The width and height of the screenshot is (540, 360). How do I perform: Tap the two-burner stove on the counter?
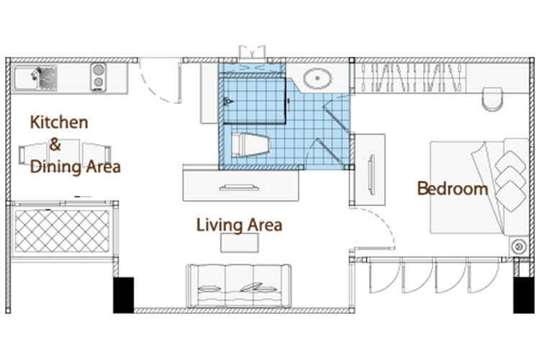point(99,78)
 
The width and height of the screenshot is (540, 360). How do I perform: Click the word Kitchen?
point(59,122)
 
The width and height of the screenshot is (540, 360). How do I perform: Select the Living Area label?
point(239,225)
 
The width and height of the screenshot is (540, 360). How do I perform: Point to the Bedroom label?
point(453,189)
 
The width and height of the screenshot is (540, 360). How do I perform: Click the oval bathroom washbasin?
point(318,78)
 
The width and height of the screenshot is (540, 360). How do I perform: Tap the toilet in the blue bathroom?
point(250,145)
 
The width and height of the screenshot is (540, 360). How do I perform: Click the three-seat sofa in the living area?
point(238,286)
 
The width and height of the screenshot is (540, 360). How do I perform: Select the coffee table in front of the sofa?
point(240,243)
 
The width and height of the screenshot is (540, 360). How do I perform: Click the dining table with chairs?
point(65,154)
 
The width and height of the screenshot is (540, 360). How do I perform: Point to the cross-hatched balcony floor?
point(62,231)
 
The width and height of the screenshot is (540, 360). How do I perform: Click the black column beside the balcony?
point(124,295)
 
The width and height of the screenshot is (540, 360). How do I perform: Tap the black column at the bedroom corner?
point(524,295)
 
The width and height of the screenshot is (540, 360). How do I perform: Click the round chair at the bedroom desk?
point(492,99)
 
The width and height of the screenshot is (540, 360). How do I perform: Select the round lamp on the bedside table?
point(518,247)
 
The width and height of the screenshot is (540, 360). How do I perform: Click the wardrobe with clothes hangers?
point(410,78)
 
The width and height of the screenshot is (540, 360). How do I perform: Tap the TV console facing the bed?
point(370,169)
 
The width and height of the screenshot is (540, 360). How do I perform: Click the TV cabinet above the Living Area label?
point(240,186)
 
